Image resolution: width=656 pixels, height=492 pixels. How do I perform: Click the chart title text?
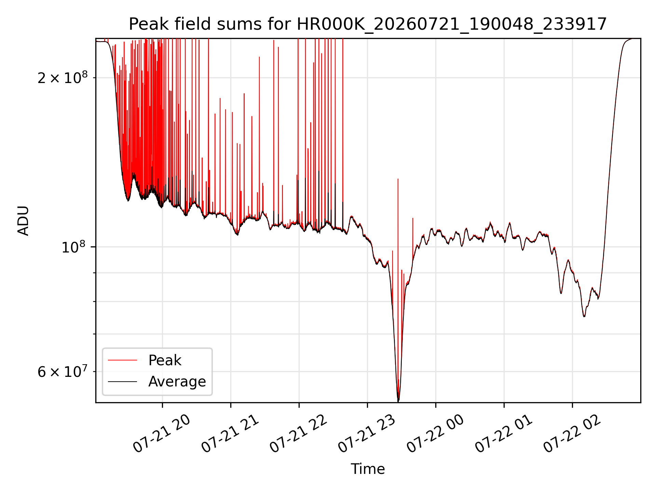tap(368, 24)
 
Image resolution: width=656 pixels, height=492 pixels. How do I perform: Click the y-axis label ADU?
tap(23, 221)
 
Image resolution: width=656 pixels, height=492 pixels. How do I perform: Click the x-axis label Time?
tap(368, 469)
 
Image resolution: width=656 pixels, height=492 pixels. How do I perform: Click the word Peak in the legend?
tap(165, 360)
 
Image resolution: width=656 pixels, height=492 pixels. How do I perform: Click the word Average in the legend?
tap(177, 382)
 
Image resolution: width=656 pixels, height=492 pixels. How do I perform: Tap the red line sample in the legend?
tap(123, 360)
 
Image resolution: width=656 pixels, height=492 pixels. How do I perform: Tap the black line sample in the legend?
tap(123, 381)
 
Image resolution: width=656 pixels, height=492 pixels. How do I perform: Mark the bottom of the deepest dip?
tap(398, 401)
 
